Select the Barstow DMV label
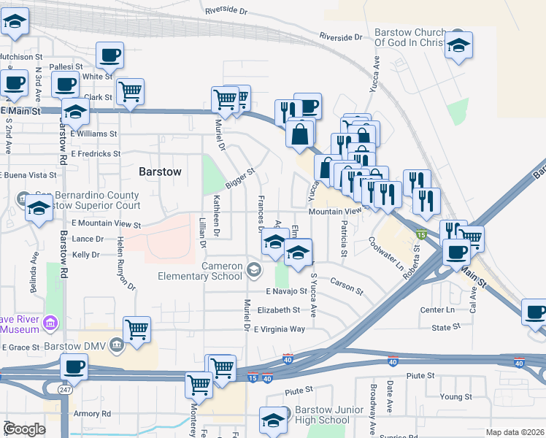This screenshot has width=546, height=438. click(69, 345)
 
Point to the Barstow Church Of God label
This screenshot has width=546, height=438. click(409, 38)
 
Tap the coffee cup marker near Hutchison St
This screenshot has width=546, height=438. click(109, 55)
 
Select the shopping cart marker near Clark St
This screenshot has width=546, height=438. click(130, 91)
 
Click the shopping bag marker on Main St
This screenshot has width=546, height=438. click(300, 134)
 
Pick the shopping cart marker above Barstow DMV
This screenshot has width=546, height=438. click(136, 329)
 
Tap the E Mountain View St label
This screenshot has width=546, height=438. click(106, 225)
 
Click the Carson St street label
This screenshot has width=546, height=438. click(347, 284)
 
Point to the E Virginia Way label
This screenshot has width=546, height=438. click(280, 329)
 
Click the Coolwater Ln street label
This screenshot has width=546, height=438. click(386, 253)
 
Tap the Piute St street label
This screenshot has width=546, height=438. click(420, 376)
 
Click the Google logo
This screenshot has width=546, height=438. click(24, 429)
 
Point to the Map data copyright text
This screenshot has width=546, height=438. click(514, 432)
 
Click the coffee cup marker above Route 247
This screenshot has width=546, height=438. click(73, 366)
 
